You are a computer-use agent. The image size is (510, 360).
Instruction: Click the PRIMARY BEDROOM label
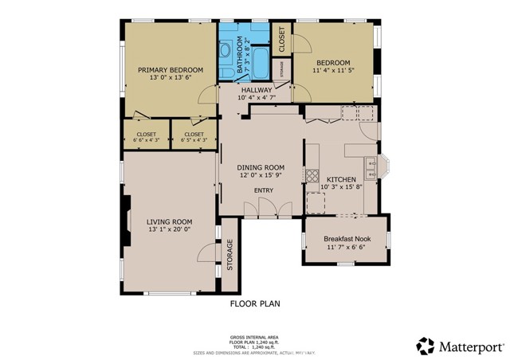pos(169,70)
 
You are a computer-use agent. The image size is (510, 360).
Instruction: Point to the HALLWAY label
pos(257,90)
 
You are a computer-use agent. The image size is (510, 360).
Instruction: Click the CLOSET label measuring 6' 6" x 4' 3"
pos(147,134)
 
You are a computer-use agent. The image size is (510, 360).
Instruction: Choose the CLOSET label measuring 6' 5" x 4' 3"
pos(194,134)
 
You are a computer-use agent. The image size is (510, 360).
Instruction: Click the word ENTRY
pos(263,190)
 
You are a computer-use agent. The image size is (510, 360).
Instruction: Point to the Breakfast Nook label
pos(346,239)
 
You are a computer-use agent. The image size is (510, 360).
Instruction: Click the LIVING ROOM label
pos(170,221)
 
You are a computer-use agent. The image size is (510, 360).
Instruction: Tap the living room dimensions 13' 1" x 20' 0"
pos(170,230)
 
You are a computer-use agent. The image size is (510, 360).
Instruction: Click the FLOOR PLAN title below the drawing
pos(255,303)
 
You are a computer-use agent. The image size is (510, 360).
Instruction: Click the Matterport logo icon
pos(425,346)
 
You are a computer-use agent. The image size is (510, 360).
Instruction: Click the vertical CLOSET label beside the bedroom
pos(282,39)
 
